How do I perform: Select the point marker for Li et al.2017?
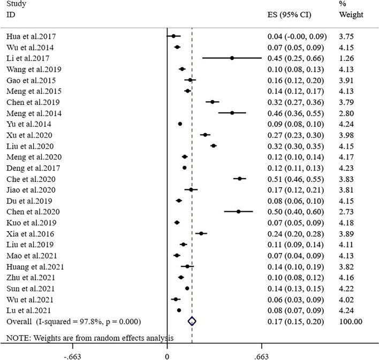232,58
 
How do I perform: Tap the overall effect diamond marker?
192,321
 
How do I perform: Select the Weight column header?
351,14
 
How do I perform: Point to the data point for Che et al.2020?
240,179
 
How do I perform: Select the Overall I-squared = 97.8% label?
73,321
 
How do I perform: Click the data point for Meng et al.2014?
232,113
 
